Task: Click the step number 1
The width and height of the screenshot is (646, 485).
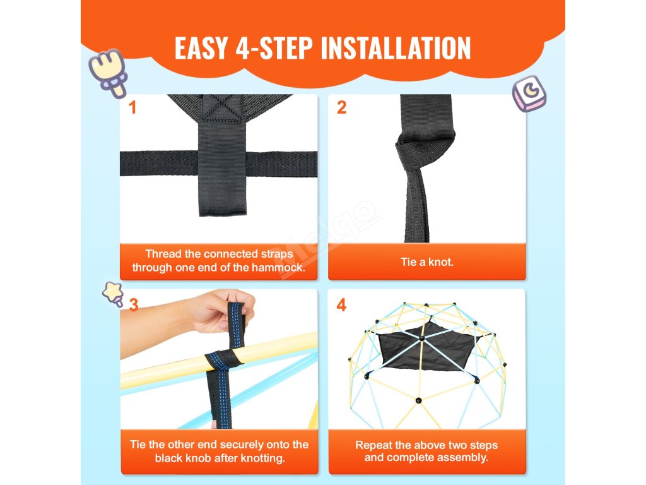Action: tap(132, 107)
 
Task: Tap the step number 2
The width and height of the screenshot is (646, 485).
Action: tap(341, 107)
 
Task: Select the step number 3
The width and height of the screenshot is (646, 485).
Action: tap(134, 305)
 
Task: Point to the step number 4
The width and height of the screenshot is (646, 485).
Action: tap(341, 305)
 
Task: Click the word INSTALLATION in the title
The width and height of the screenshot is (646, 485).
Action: tap(396, 48)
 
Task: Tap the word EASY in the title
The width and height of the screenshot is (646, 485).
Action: tap(201, 48)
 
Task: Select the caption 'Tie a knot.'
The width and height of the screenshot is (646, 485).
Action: tap(427, 262)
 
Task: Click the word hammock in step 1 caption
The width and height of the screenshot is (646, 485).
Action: tap(278, 268)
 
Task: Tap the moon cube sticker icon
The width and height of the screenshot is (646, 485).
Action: tap(529, 93)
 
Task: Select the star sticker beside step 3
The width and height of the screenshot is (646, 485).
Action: tap(114, 293)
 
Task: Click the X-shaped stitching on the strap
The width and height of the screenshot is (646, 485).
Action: tap(223, 107)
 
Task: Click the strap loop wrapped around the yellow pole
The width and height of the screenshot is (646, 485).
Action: tap(223, 359)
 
